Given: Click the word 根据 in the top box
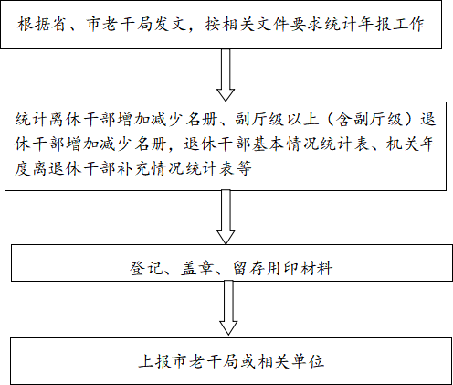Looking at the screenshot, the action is (x=33, y=25).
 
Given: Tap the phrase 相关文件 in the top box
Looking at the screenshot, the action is (x=255, y=25).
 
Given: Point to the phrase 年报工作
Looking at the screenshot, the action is (x=391, y=25).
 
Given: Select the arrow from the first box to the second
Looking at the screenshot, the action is (x=226, y=75).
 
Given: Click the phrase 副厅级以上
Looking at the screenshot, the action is (x=278, y=119).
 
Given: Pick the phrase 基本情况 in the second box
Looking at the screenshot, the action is (x=285, y=144).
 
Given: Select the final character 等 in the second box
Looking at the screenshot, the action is (x=243, y=168).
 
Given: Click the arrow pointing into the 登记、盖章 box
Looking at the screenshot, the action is (x=226, y=217).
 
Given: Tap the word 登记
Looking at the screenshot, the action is (x=145, y=268).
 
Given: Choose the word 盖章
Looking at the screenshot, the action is (x=196, y=268).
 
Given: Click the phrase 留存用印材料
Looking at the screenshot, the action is (x=282, y=268).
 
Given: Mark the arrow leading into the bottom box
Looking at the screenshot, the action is (x=228, y=308).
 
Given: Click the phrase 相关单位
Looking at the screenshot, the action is (x=290, y=361).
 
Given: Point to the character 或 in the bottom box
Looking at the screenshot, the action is (x=248, y=361).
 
